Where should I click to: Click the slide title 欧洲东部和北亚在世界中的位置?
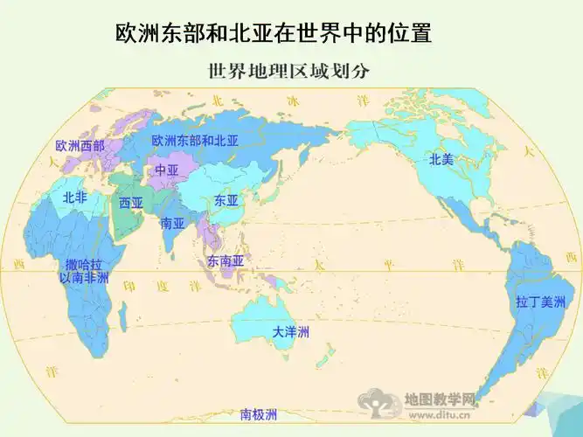coord(274,34)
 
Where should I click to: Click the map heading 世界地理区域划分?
coord(286,71)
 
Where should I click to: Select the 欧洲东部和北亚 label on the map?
coord(195,140)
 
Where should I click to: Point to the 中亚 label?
coord(166,170)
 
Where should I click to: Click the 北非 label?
coord(74,198)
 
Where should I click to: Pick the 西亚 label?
coord(131,203)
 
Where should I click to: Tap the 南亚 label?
coord(172,222)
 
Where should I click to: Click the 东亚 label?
coord(226,200)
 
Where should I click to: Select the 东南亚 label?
coord(225,260)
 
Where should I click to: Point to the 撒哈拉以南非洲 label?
coord(84,270)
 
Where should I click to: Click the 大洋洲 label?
coord(290,332)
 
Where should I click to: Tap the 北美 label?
coord(441,159)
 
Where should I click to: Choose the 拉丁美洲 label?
coord(541,302)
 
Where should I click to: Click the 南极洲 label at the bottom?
coord(259,414)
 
